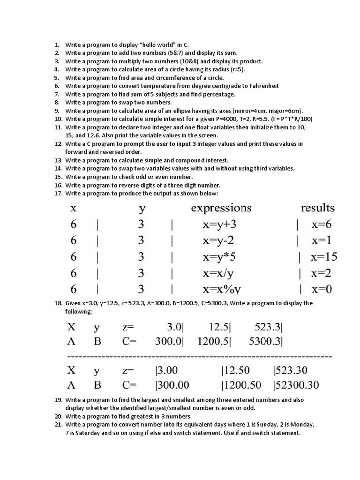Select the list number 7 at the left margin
coord(56,94)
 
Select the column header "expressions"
coord(221,208)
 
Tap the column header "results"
coord(317,208)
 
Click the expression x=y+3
coord(219,224)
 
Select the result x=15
coord(323,257)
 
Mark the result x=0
coord(322,289)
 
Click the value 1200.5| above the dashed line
coord(214,341)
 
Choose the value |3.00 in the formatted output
coord(166,370)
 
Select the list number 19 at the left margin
coord(58,400)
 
